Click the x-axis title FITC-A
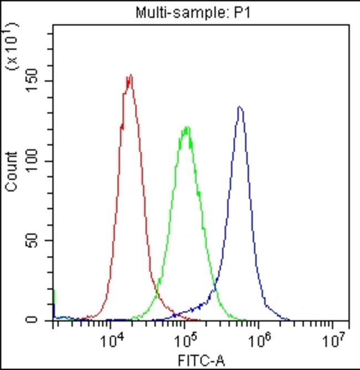[x=201, y=362]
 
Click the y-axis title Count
[x=11, y=172]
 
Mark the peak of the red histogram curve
[x=130, y=76]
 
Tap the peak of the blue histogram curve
[x=239, y=107]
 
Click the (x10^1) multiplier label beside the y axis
[x=12, y=45]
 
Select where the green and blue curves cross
[x=214, y=289]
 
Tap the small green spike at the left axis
[x=54, y=299]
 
